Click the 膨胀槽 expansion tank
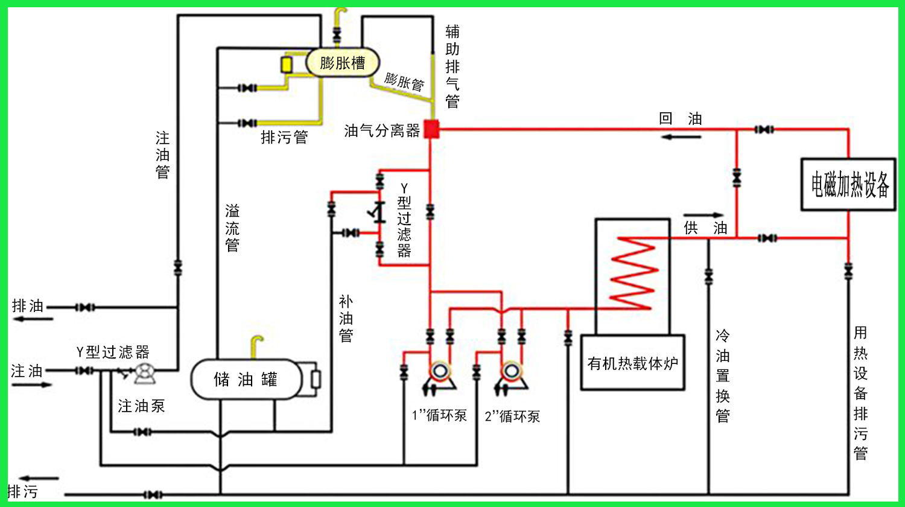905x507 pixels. tap(343, 63)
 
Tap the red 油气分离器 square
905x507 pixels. tap(431, 129)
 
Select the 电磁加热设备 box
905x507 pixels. tap(848, 184)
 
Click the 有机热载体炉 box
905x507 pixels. tap(633, 363)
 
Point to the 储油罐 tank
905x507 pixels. tap(246, 379)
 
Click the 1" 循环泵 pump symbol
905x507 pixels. tap(439, 377)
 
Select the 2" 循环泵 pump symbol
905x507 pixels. tap(511, 377)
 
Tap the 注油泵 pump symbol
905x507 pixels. tap(144, 374)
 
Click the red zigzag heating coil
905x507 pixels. tap(634, 273)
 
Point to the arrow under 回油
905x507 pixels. tap(681, 137)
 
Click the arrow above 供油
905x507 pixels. tap(703, 215)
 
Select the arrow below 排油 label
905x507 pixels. tap(33, 319)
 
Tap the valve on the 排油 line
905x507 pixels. tap(85, 308)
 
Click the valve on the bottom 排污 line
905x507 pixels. tap(153, 494)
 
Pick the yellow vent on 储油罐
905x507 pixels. tap(256, 347)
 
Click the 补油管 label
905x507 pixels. tap(346, 319)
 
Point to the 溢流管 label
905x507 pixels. tap(232, 228)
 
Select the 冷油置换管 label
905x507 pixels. tap(722, 376)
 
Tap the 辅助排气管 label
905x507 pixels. tap(453, 66)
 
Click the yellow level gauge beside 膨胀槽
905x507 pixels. tap(287, 65)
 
